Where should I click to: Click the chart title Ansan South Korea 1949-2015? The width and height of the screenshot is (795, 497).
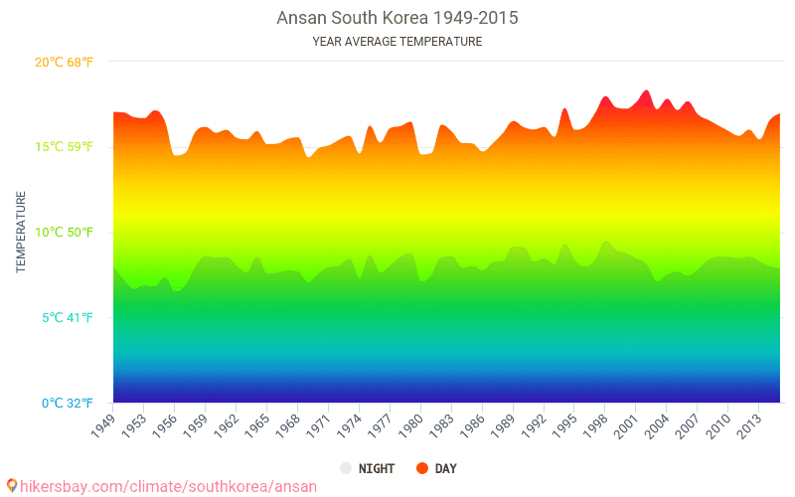click(x=397, y=18)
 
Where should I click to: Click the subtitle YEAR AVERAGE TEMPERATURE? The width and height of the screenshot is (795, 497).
click(x=397, y=42)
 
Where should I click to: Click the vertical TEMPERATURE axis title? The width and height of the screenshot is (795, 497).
click(x=20, y=233)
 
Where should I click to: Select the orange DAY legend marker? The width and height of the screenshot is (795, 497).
click(x=421, y=468)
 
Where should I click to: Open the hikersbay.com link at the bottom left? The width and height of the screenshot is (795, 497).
click(x=167, y=486)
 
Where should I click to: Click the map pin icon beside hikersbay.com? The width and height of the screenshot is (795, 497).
click(x=12, y=486)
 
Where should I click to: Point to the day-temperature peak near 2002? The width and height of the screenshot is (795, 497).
click(x=646, y=91)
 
